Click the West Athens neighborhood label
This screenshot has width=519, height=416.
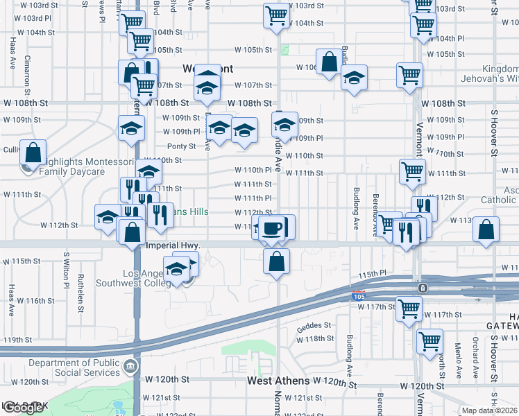point(279,382)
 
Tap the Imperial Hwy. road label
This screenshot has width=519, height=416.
point(173,245)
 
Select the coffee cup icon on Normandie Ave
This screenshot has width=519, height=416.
point(273,227)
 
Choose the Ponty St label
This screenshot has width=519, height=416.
point(181,146)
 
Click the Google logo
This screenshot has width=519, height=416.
point(23,408)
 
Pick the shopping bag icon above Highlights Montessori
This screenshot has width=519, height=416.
point(33,152)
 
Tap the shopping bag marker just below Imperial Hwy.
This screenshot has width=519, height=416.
point(276,261)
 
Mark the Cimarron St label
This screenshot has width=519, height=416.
point(27,75)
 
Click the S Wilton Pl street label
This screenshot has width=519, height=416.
point(67,270)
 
